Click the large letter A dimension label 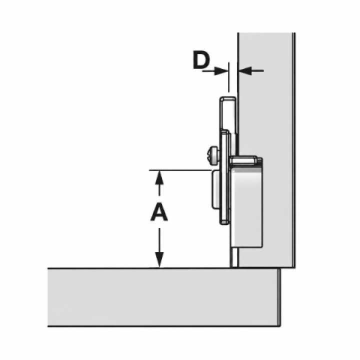click(x=159, y=213)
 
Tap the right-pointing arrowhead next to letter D click(x=221, y=71)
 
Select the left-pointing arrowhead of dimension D click(x=245, y=71)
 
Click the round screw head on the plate click(x=213, y=156)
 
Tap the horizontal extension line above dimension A click(x=180, y=170)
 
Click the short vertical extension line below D click(x=228, y=77)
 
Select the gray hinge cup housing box click(x=246, y=208)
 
